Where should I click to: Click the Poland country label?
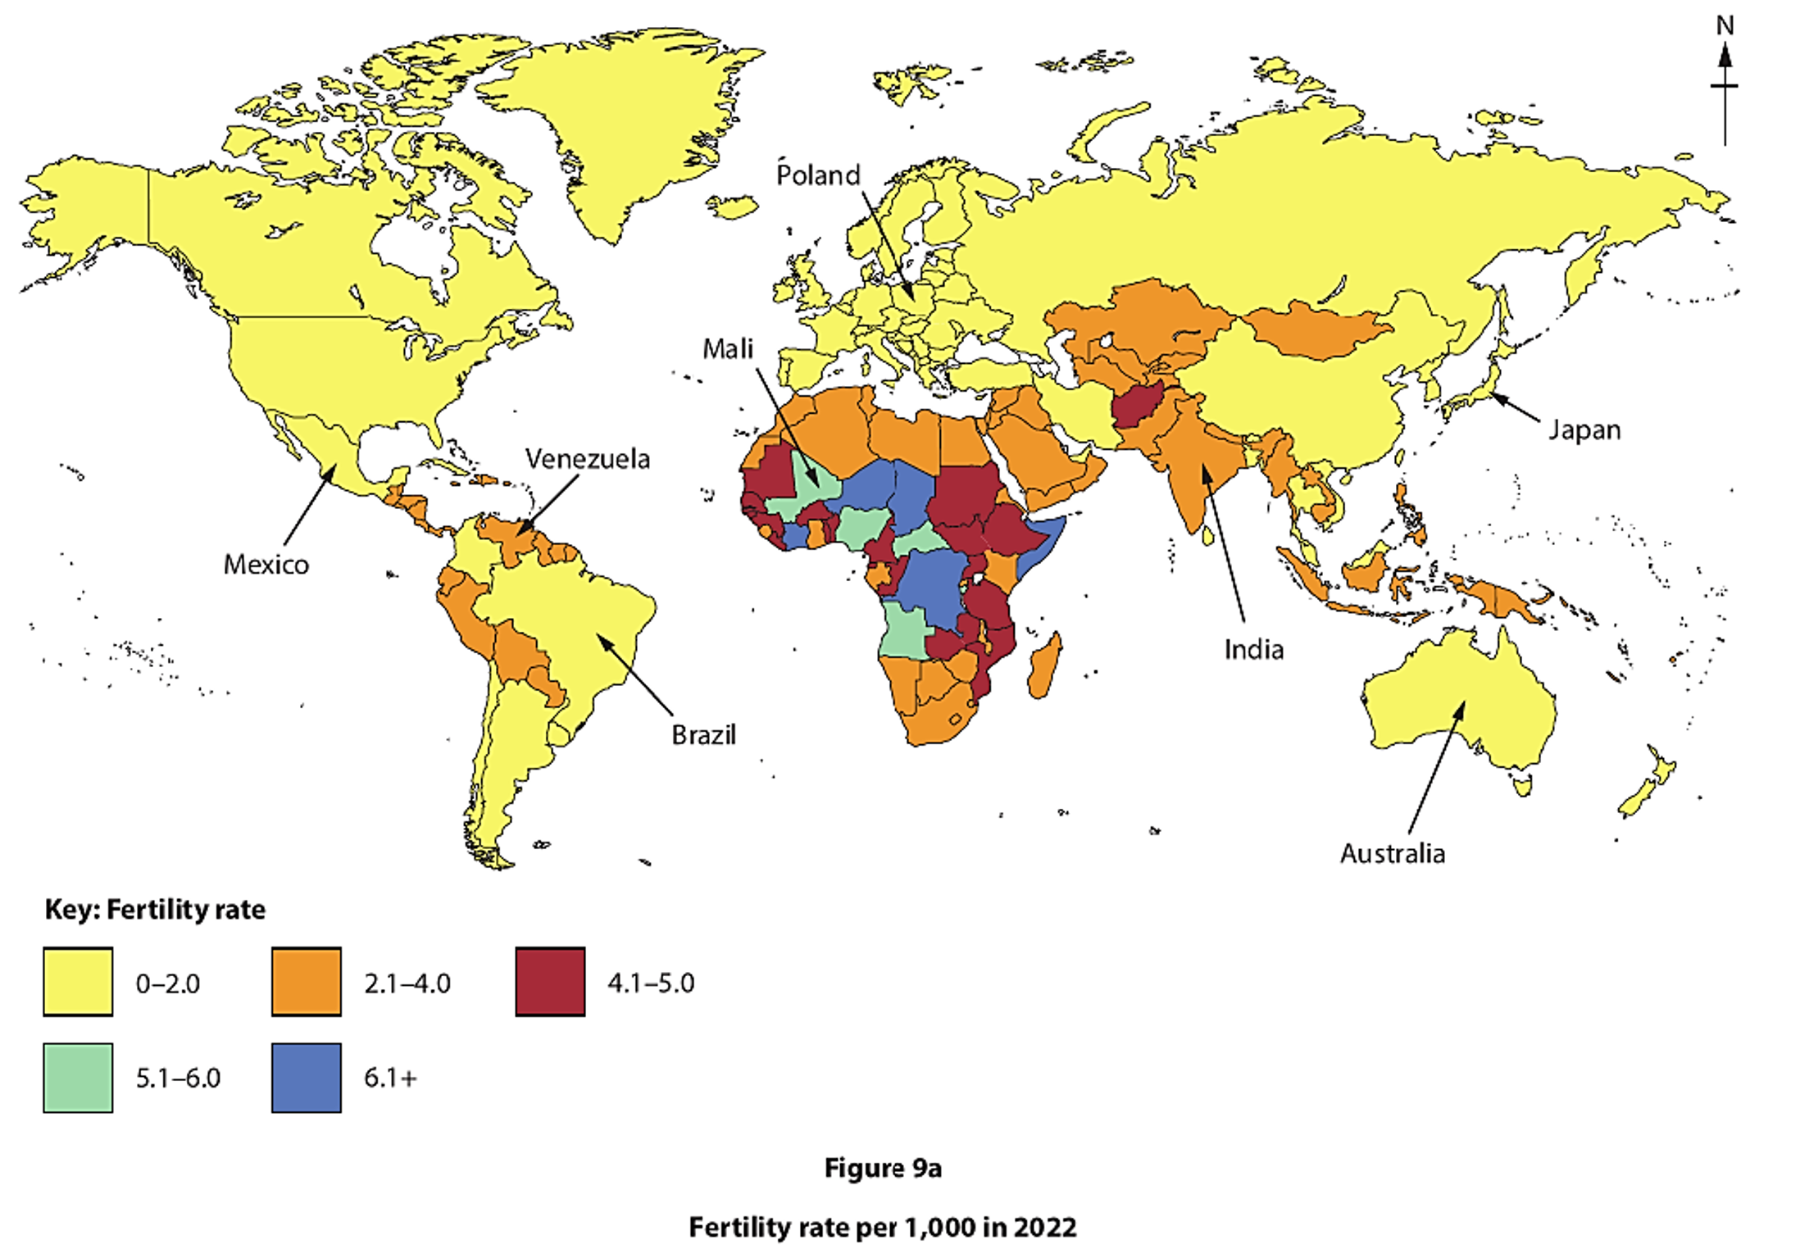coord(817,175)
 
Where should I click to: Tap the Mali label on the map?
coord(727,348)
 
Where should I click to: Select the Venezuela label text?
coord(587,458)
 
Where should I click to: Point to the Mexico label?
coord(266,564)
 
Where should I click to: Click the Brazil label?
coord(703,734)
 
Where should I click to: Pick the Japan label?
coord(1584,429)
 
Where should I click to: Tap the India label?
coord(1253,649)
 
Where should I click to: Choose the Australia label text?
coord(1392,853)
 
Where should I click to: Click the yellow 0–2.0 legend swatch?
coord(78,982)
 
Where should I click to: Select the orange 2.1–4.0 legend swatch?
coord(306,982)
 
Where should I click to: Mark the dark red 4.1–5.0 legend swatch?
coord(550,982)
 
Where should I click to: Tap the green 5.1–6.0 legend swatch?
coord(78,1077)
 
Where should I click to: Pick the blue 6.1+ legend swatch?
coord(306,1077)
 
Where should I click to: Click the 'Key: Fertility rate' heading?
coord(155,909)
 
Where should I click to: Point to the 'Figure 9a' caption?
coord(883,1167)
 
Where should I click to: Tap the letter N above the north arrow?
coord(1725,26)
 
